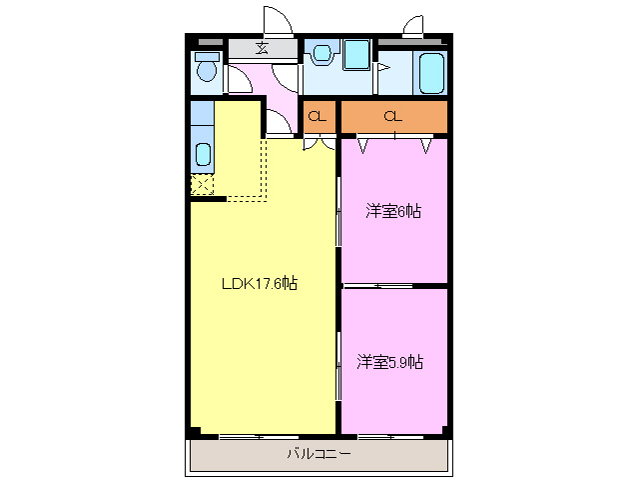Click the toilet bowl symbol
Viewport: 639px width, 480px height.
click(x=207, y=71)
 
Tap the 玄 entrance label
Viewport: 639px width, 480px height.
click(x=263, y=48)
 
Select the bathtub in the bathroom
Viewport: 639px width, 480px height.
click(x=431, y=73)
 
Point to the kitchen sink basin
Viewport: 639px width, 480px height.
click(x=202, y=154)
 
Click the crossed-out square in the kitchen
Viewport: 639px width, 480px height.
click(x=201, y=185)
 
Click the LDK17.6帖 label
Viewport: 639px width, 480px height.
click(x=259, y=284)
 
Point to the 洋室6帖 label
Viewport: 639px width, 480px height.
click(x=392, y=211)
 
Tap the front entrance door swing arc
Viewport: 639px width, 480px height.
click(x=277, y=22)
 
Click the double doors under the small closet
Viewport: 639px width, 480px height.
click(x=319, y=144)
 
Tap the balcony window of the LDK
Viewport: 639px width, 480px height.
click(x=241, y=436)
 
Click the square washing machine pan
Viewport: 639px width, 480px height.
click(x=355, y=55)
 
